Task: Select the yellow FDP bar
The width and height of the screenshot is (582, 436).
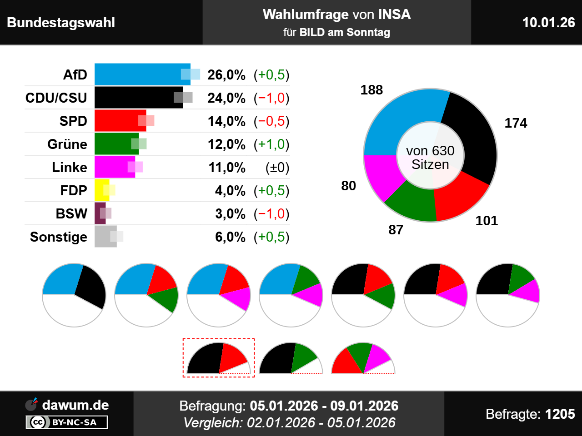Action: point(101,190)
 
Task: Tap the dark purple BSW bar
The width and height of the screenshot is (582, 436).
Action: point(100,213)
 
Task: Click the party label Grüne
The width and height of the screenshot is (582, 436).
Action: point(67,144)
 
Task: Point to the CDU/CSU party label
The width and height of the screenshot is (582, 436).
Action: point(56,98)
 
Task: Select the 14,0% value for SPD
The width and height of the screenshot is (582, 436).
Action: point(226,121)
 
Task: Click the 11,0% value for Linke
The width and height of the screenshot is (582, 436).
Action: point(226,168)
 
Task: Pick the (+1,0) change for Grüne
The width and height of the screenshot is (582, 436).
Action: point(271,144)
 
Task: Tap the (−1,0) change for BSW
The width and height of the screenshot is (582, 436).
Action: point(271,214)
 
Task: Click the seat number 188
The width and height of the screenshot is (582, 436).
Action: point(371,90)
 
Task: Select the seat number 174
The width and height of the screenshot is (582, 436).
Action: point(516,123)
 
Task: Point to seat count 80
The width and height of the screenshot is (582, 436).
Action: point(348,186)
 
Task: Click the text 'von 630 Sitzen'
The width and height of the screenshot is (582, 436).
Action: point(430,158)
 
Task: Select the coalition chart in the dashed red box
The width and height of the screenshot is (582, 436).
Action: point(219,358)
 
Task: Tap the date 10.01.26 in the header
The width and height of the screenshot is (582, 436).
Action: point(548,23)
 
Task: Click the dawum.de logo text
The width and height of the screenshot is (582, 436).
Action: point(75,405)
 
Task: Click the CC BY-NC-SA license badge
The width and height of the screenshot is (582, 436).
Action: point(67,422)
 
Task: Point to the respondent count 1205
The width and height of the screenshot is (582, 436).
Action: point(560,414)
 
